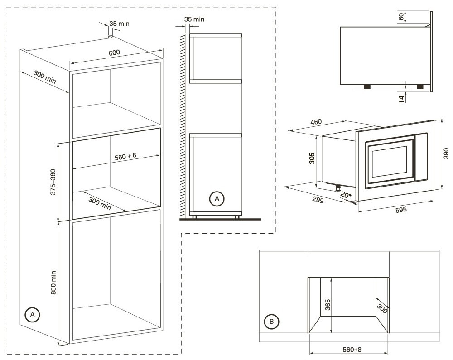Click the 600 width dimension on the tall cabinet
coord(114,53)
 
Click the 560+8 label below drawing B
coord(350,350)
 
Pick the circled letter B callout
coord(271,322)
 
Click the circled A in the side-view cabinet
coord(217,198)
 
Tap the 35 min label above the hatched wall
coord(194,19)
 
